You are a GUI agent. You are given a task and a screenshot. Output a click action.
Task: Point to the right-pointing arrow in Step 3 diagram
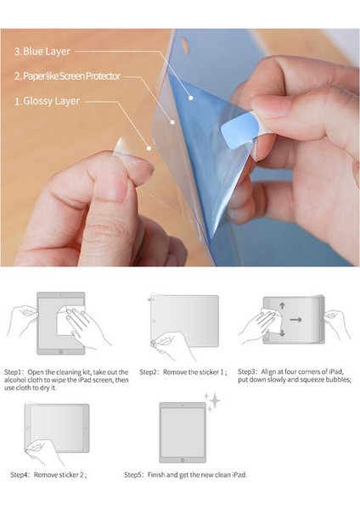coord(295,320)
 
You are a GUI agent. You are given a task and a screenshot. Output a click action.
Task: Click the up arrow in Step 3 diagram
coord(282,307)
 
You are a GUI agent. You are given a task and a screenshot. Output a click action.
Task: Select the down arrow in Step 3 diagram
coord(282,333)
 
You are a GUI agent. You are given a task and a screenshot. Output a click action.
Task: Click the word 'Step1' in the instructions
coord(15,372)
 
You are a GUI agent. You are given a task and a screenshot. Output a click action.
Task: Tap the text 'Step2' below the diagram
coord(149,372)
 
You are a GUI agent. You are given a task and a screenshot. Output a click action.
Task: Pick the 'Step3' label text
coord(247,372)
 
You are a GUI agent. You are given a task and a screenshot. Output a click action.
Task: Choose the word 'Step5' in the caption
coord(134,474)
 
